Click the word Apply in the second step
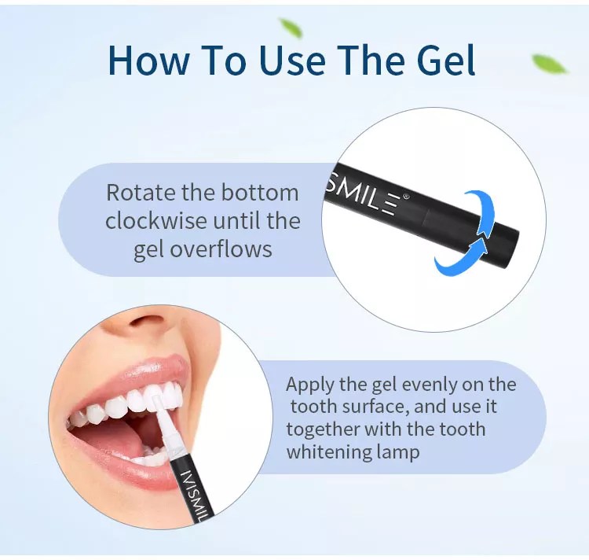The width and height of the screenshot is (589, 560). pyautogui.click(x=309, y=385)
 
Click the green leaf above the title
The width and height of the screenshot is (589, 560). pyautogui.click(x=291, y=28)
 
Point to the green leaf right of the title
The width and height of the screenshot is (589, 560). pyautogui.click(x=550, y=64)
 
